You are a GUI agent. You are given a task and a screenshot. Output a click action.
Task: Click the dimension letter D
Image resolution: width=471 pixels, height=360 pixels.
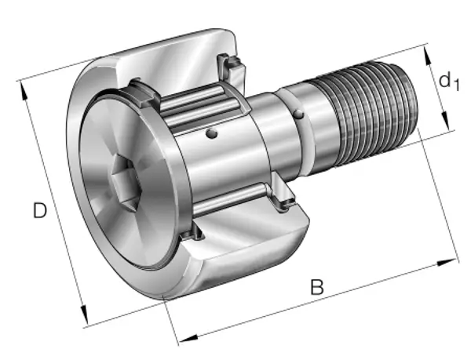pos(40,210)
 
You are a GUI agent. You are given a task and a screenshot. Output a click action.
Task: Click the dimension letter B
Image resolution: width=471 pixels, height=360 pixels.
pos(317,287)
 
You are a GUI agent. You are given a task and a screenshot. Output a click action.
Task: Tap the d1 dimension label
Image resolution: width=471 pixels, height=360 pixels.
pos(449,82)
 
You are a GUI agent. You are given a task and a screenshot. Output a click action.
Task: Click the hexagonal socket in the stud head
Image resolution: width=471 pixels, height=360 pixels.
pos(126,181)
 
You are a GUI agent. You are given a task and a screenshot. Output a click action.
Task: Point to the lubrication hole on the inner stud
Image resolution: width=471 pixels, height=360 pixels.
pos(212,133)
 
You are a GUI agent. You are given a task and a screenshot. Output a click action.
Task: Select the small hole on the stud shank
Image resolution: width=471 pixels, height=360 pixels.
pos(298,114)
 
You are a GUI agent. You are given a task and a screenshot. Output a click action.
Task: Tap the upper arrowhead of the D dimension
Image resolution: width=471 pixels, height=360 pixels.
pos(24,90)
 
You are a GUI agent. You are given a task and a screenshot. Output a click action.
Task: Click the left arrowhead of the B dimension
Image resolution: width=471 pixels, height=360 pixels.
pos(188,339)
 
